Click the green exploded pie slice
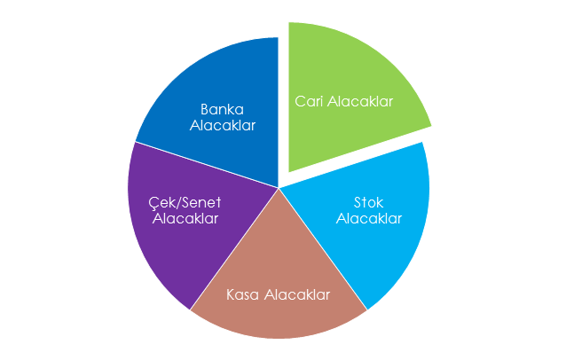(347, 90)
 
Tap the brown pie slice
(279, 288)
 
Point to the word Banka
(223, 109)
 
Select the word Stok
(368, 203)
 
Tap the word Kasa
(242, 294)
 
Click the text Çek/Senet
(185, 203)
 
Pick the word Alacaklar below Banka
(223, 126)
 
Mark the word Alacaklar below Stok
(369, 219)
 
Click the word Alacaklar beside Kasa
(297, 294)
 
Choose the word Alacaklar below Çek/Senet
(185, 219)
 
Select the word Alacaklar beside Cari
(360, 101)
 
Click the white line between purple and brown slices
(234, 249)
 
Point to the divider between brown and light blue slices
(323, 249)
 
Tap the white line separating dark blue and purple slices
(207, 165)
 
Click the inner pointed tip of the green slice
(289, 172)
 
